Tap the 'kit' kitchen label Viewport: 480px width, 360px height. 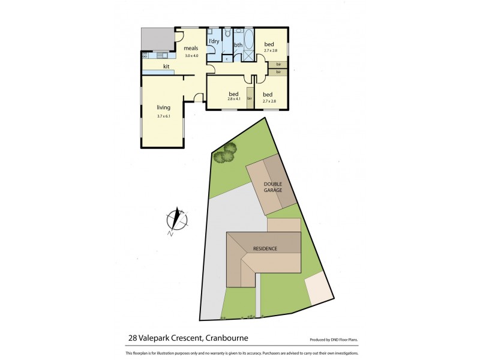click(166, 66)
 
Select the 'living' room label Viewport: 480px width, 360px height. click(155, 107)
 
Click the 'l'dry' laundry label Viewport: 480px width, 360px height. click(214, 41)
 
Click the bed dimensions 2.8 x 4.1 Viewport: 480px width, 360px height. click(234, 99)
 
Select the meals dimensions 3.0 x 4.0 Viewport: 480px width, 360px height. click(190, 56)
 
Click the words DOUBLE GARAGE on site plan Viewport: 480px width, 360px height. click(271, 186)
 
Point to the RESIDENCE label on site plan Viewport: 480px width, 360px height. click(265, 248)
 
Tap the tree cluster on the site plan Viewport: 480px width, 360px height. click(225, 154)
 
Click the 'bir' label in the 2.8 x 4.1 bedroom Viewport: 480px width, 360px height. click(250, 98)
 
